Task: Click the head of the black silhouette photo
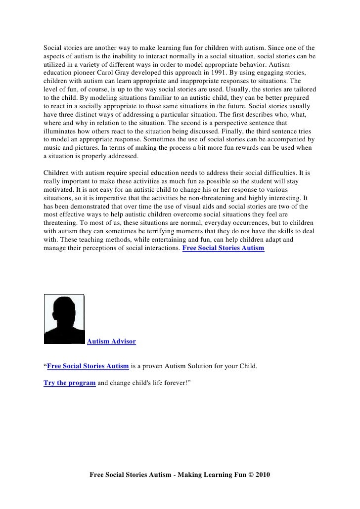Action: point(64,311)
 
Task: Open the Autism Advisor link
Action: point(111,341)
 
